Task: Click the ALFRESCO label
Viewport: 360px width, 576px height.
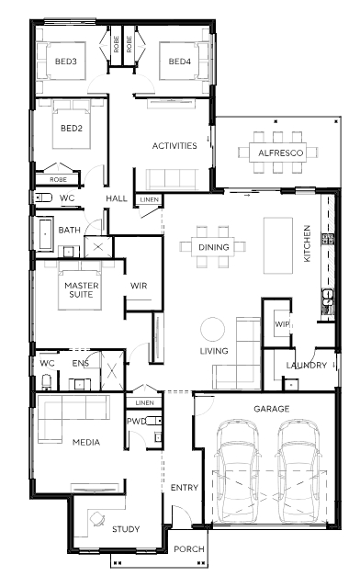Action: click(x=281, y=152)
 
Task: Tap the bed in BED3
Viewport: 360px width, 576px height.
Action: click(x=62, y=61)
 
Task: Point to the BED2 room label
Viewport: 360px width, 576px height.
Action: click(x=72, y=129)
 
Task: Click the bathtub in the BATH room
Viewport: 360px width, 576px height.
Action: click(x=45, y=233)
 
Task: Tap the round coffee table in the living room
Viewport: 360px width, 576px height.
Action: click(x=212, y=330)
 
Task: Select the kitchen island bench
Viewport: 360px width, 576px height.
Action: click(x=278, y=245)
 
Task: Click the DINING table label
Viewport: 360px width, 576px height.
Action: click(x=213, y=247)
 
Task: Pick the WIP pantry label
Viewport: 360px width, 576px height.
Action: click(x=282, y=324)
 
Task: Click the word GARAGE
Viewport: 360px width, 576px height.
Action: click(x=272, y=409)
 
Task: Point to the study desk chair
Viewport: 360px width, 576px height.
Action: click(x=97, y=519)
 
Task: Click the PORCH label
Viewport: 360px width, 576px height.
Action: click(x=189, y=548)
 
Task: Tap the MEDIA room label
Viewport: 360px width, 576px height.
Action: click(x=86, y=442)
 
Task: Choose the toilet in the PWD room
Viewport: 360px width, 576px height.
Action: click(x=153, y=421)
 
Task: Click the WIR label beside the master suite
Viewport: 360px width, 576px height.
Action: click(x=139, y=286)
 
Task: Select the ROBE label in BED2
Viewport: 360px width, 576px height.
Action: click(x=58, y=180)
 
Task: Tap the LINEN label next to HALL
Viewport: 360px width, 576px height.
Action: click(x=150, y=200)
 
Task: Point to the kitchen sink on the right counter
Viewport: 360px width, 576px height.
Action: click(x=328, y=297)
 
